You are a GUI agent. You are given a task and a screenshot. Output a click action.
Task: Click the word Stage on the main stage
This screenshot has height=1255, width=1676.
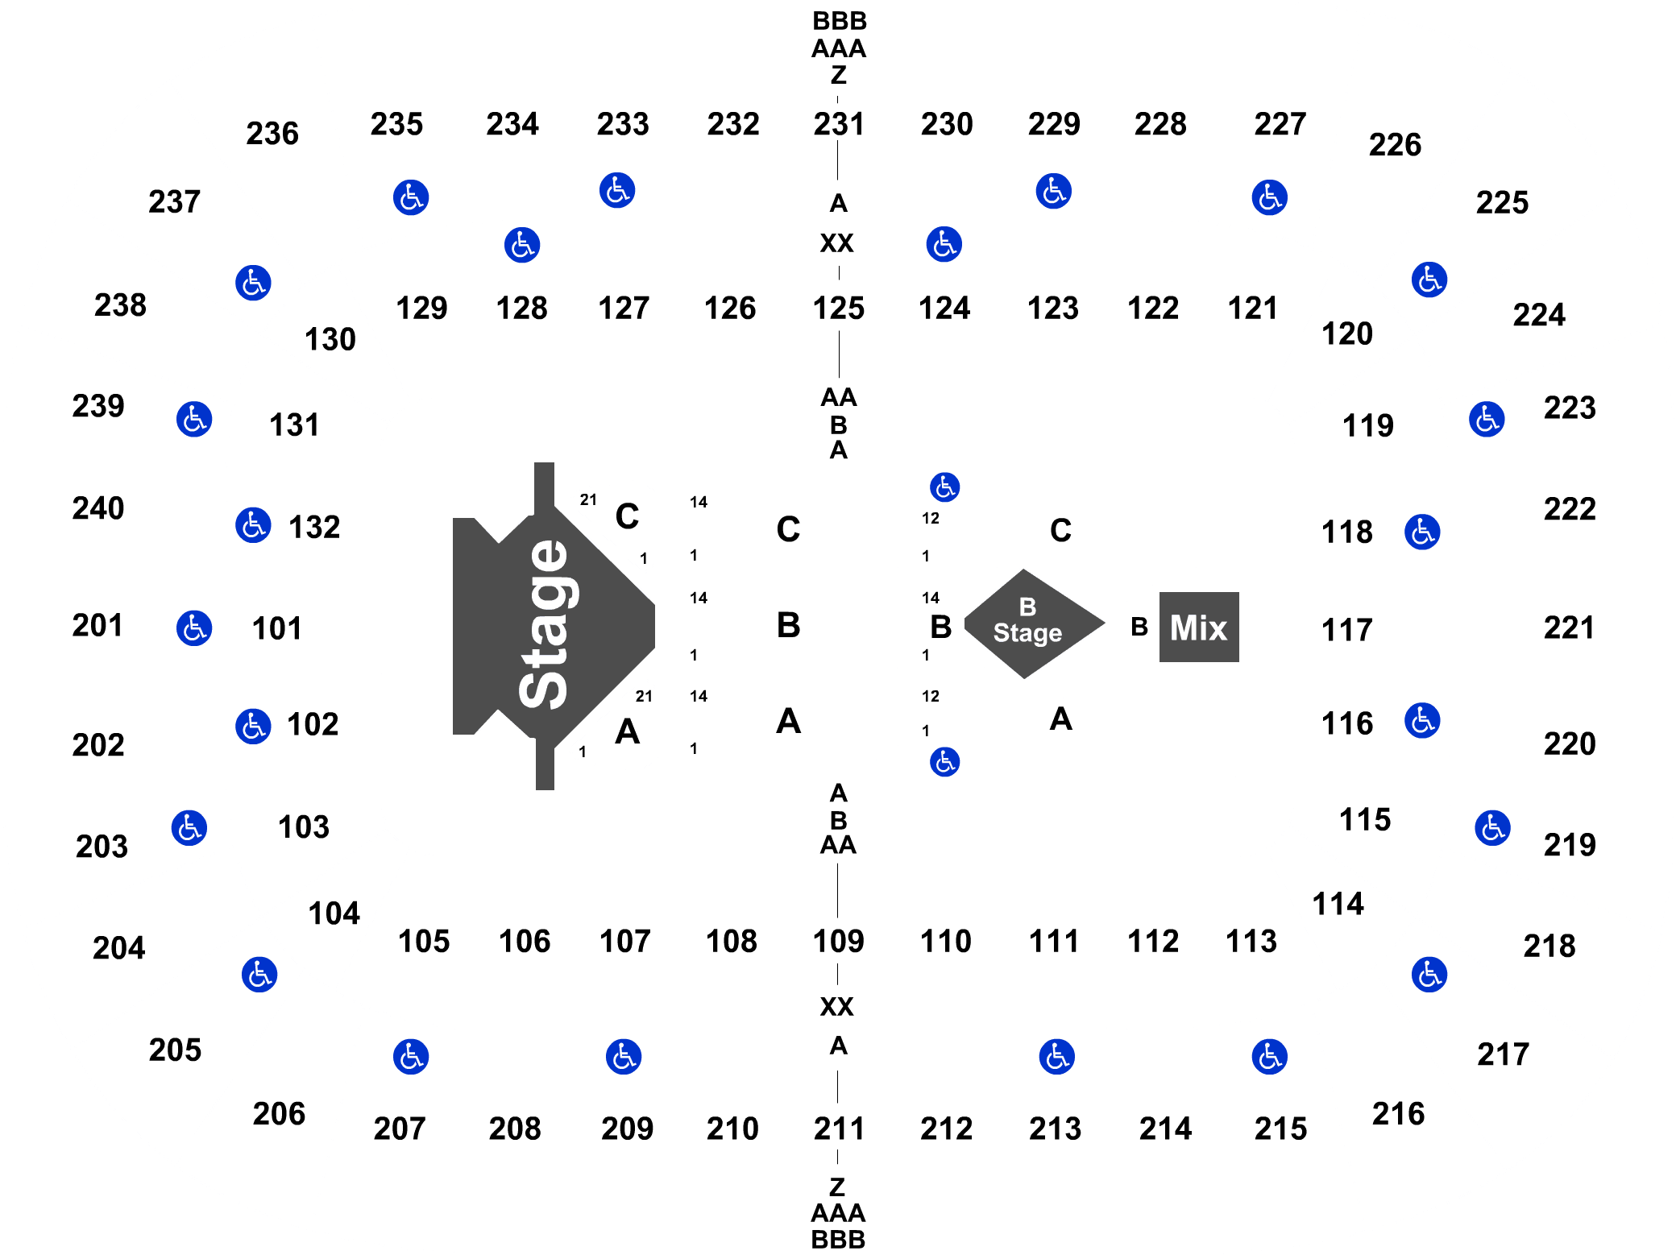[544, 625]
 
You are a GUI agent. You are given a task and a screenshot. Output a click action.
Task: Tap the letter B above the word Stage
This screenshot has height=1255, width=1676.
[1027, 607]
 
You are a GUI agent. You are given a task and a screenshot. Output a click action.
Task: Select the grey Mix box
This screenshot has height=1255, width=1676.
[1199, 627]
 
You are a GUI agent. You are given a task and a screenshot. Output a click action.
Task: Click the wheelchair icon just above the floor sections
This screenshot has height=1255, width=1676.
[944, 487]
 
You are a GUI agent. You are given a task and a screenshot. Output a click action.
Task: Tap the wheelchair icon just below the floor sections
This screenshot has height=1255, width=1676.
[944, 761]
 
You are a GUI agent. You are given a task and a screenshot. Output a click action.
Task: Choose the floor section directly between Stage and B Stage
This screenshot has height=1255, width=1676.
[790, 626]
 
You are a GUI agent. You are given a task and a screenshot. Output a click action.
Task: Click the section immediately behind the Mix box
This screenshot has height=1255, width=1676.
[1347, 627]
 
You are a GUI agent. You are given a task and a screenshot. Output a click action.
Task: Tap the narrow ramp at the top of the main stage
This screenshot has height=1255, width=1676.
[545, 487]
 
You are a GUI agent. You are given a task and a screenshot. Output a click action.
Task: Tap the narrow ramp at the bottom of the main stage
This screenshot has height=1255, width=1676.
[545, 765]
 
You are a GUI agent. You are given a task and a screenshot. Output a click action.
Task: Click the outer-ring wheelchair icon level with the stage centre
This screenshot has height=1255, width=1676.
[194, 627]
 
